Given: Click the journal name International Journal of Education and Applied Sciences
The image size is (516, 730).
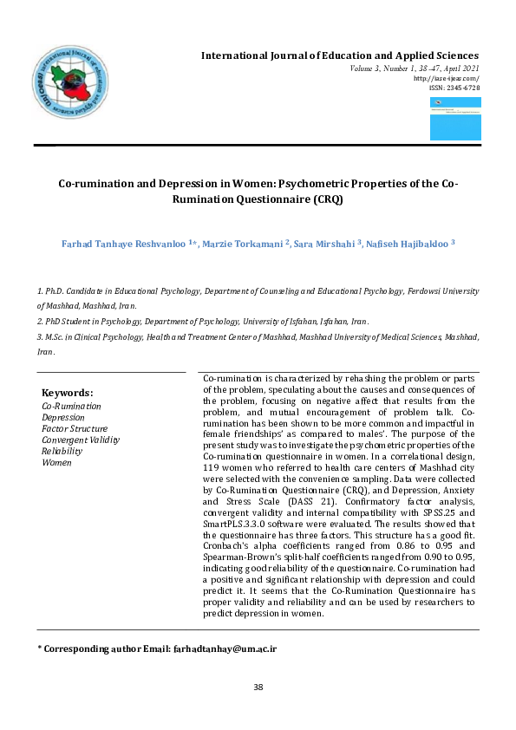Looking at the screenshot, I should point(340,55).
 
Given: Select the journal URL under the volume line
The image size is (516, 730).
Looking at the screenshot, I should point(447,78).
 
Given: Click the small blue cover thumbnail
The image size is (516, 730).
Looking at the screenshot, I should point(454,119).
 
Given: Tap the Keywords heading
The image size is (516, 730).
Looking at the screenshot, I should point(67,393).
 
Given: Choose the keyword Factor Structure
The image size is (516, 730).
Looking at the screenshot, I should point(75,428).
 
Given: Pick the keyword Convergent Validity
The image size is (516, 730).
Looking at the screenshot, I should point(81,440).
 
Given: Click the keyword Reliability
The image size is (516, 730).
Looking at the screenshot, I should point(62,451).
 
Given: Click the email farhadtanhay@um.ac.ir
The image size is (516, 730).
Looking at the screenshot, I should point(225,648).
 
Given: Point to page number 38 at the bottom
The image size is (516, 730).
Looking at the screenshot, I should point(258,688).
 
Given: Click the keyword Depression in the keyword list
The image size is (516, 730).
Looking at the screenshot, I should point(63,417).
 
